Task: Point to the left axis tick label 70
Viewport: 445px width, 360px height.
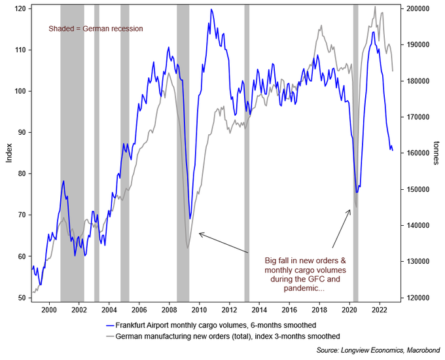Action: pyautogui.click(x=22, y=215)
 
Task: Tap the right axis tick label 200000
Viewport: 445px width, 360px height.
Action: pyautogui.click(x=416, y=9)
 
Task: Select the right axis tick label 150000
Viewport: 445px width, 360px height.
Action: pyautogui.click(x=416, y=190)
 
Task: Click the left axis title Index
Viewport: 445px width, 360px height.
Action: pyautogui.click(x=8, y=154)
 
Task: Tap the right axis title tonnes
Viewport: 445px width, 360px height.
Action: pyautogui.click(x=436, y=154)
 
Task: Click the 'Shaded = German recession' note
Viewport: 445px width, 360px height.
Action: pyautogui.click(x=96, y=29)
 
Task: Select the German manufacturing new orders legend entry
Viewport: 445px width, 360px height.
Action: pyautogui.click(x=222, y=336)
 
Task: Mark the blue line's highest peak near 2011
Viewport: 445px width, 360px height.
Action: pyautogui.click(x=211, y=10)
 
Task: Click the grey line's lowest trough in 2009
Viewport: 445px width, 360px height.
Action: pyautogui.click(x=187, y=247)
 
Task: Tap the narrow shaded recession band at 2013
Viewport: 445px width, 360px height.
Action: pyautogui.click(x=247, y=151)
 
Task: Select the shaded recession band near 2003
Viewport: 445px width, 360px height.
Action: pyautogui.click(x=97, y=151)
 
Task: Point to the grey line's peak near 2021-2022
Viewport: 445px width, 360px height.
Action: pyautogui.click(x=374, y=7)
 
